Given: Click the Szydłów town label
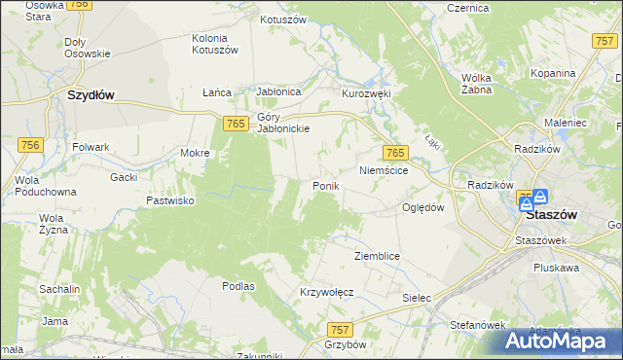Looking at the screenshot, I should tap(91, 95).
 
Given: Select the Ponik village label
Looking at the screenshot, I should tap(324, 185).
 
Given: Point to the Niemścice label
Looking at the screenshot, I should tap(389, 170).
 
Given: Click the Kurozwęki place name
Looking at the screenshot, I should tap(365, 93).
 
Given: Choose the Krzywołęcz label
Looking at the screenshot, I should tap(325, 292).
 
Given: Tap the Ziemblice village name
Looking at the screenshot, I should tap(377, 255).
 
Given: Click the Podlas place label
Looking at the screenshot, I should tap(238, 286).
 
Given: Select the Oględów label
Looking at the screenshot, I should tap(423, 207).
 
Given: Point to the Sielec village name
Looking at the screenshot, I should tap(416, 297).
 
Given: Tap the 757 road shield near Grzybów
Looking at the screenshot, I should tap(340, 330).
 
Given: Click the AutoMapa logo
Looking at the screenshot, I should tap(557, 340).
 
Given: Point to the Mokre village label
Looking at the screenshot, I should tap(196, 153).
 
